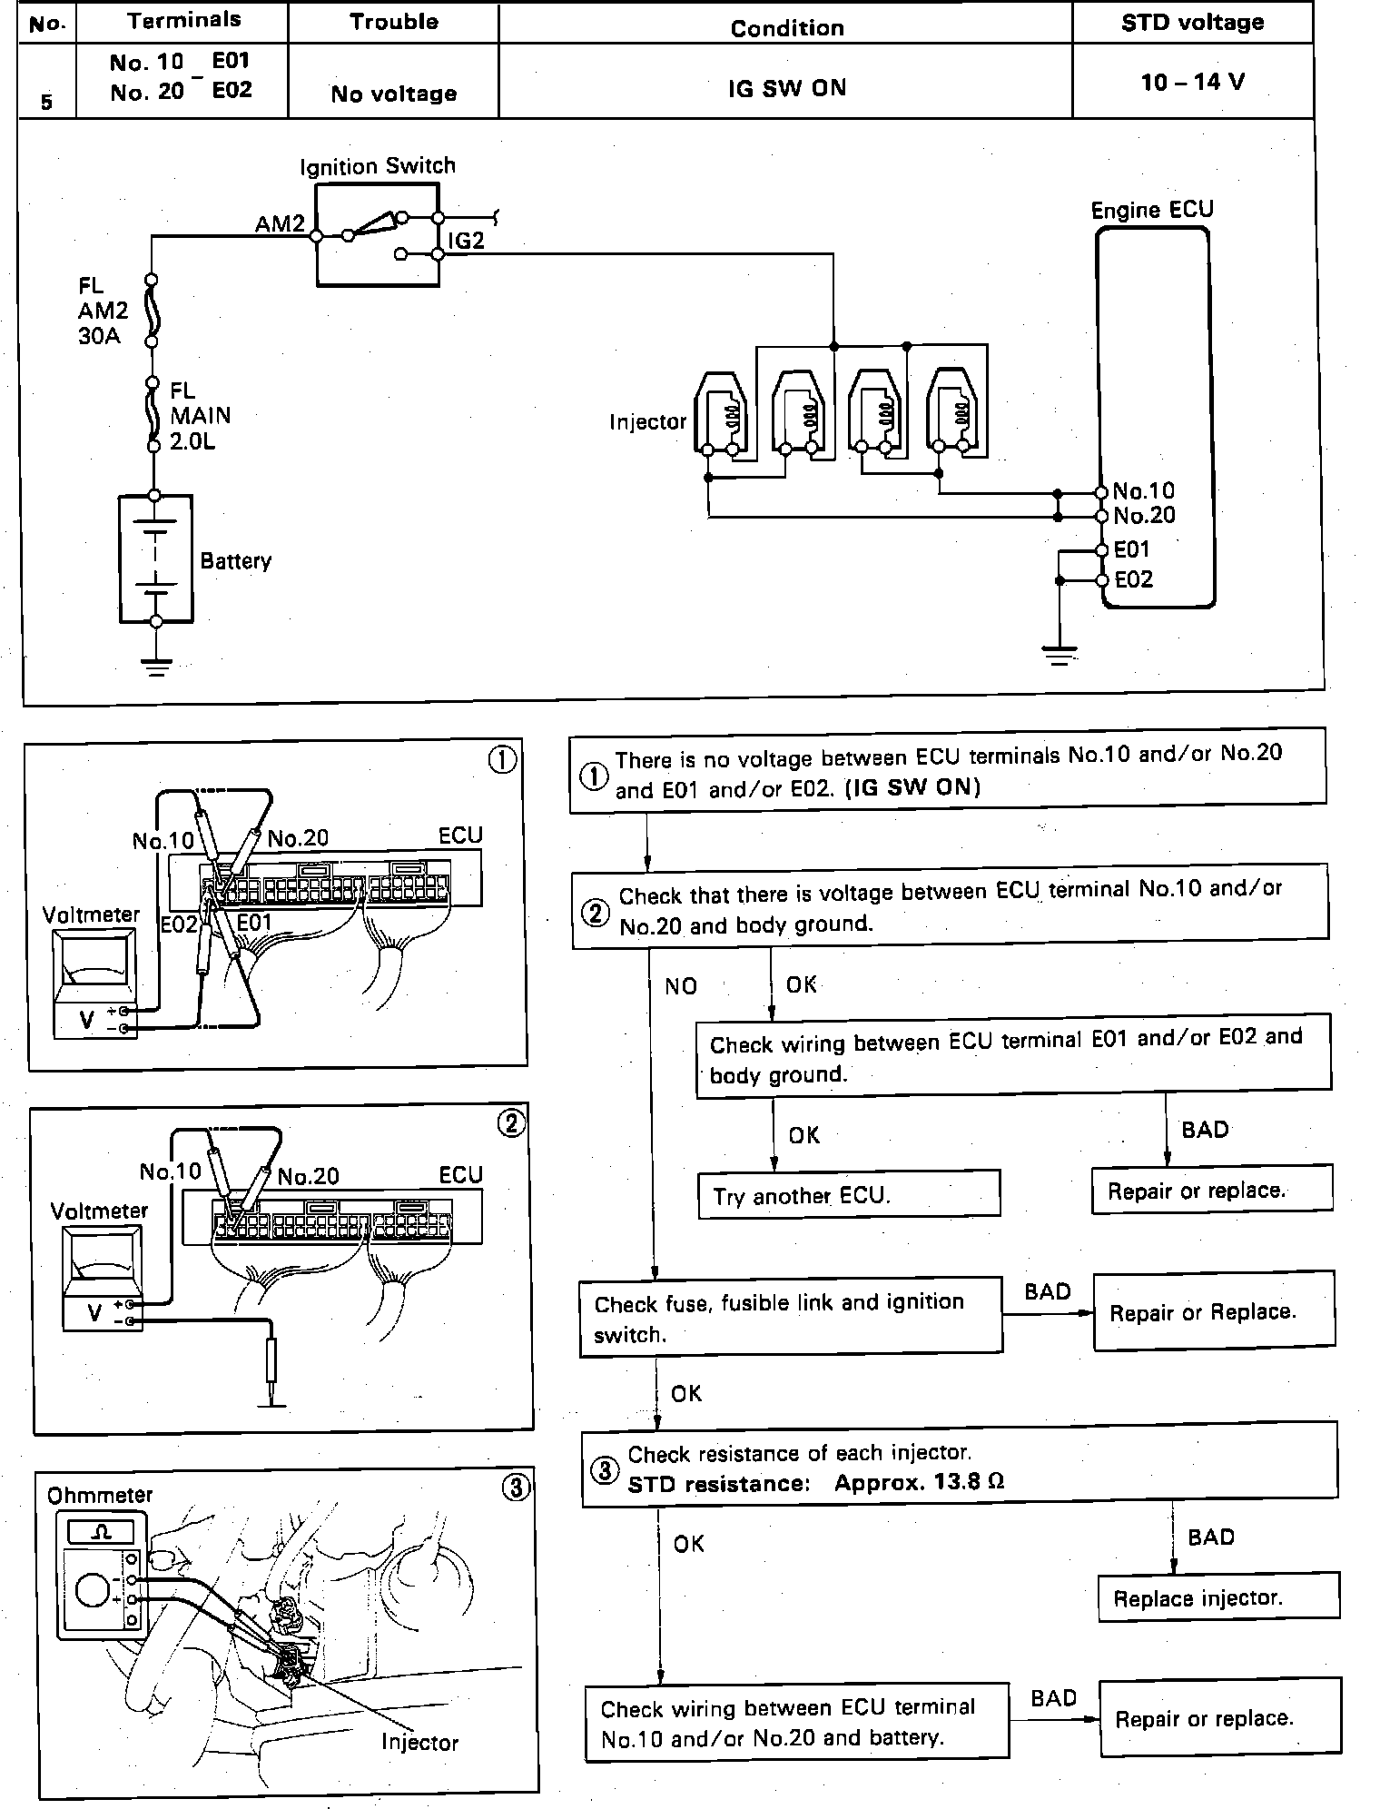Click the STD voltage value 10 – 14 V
[x=1192, y=83]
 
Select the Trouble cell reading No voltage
[x=393, y=94]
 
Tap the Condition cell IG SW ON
[x=786, y=88]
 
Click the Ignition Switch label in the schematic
[x=377, y=166]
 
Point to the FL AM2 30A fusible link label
[x=102, y=311]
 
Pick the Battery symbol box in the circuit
[x=156, y=559]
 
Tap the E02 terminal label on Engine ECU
[x=1133, y=579]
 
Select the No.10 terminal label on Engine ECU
[x=1143, y=491]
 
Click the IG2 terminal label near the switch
[x=466, y=241]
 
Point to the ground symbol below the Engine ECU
[x=1059, y=655]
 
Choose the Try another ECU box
[x=848, y=1194]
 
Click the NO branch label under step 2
[x=681, y=986]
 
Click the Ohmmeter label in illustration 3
[x=100, y=1495]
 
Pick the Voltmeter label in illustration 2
[x=98, y=1211]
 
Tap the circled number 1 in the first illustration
[x=502, y=759]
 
